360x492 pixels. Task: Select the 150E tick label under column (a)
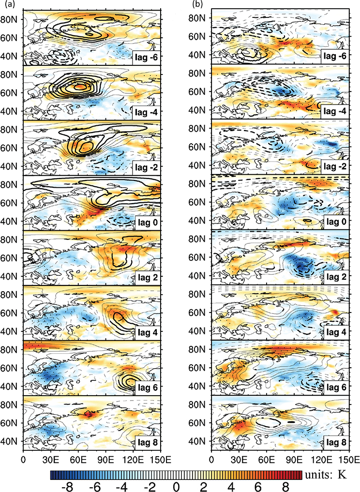tap(160, 458)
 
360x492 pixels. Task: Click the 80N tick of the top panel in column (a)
tap(10, 19)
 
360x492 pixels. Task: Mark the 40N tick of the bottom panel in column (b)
tap(198, 441)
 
